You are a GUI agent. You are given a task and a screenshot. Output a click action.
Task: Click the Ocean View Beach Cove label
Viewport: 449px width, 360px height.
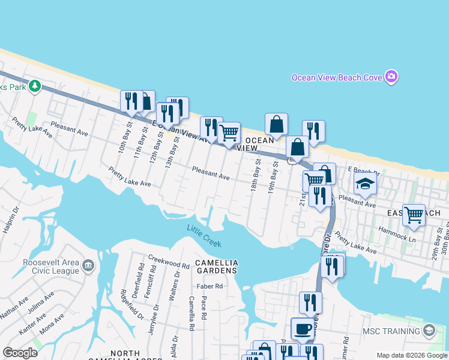click(337, 77)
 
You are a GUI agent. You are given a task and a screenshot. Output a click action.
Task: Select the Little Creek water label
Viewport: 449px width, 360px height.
click(204, 236)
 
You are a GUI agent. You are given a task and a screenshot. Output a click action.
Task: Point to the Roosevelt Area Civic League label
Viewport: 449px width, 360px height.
click(50, 266)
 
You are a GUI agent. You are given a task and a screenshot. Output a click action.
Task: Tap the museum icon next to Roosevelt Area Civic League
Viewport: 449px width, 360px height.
click(88, 265)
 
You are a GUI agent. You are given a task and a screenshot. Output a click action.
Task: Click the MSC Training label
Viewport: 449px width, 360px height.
click(391, 331)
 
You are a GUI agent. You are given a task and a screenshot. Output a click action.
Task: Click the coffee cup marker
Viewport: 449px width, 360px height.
click(302, 328)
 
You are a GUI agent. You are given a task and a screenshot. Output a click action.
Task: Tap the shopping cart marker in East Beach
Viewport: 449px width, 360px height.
click(414, 214)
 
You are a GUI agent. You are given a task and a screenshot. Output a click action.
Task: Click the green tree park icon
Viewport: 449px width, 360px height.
click(35, 86)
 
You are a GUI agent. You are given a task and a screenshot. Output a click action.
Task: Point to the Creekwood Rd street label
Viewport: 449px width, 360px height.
click(169, 264)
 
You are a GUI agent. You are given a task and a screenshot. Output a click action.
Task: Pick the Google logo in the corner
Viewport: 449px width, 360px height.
click(20, 353)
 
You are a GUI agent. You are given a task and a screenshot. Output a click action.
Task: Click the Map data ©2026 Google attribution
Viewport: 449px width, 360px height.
click(412, 355)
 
